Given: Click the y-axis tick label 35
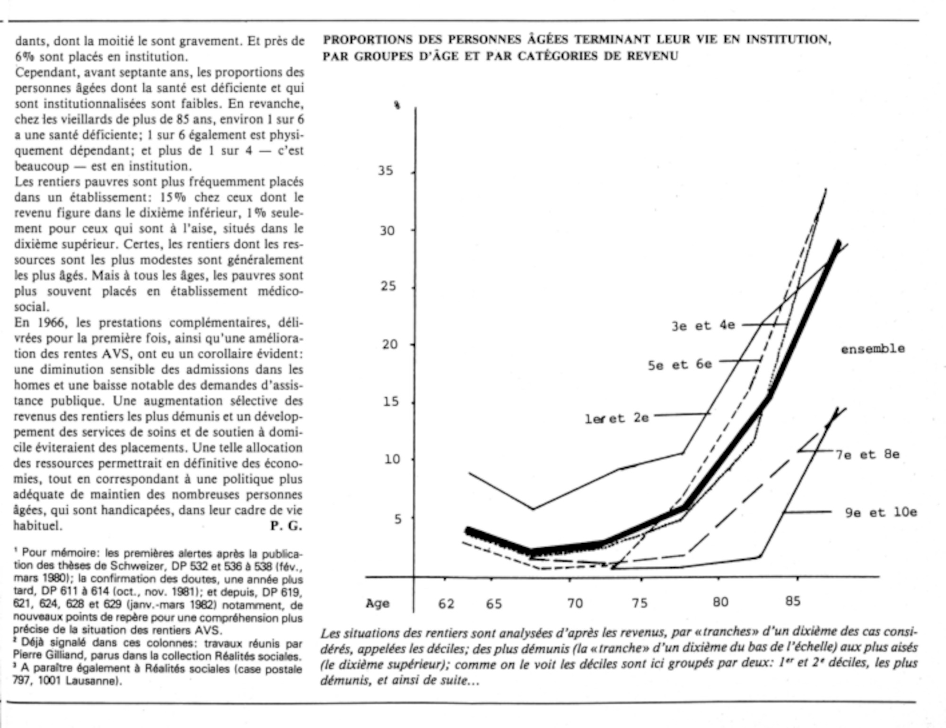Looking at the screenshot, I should [385, 170].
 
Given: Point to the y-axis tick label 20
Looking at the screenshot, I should [390, 344].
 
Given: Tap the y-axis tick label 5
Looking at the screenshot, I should [397, 519].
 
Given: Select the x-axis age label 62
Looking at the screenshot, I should [446, 604].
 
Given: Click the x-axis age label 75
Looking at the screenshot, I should [639, 604].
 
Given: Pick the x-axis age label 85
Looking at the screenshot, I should [793, 601].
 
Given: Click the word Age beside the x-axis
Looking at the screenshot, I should [377, 604].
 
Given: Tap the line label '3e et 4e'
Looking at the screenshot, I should [703, 326].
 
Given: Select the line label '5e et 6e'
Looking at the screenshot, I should [680, 365].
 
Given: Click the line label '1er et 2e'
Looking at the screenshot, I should [617, 418].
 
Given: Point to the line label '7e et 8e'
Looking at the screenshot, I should [867, 455].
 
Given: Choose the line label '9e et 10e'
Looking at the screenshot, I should [881, 512].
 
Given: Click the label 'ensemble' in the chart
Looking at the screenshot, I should [873, 349].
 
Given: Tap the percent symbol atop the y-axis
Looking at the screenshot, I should [397, 105].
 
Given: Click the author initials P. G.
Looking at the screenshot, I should [286, 526].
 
